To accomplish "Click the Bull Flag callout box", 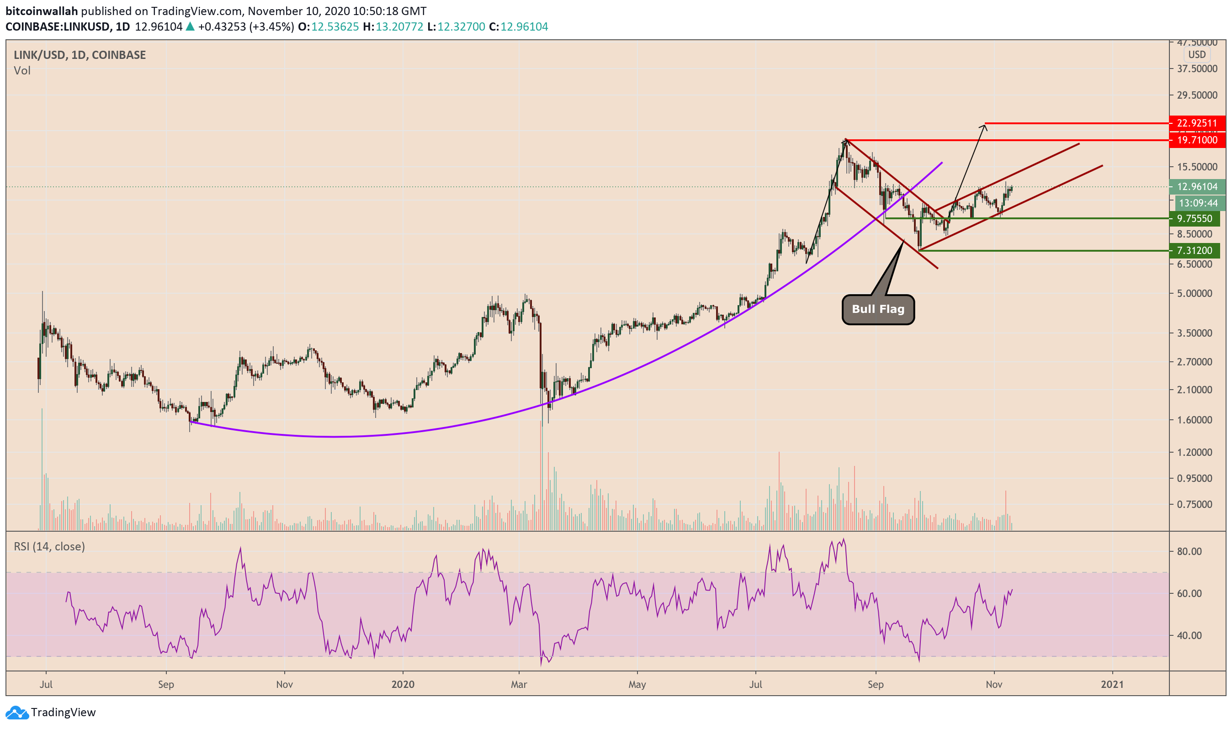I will (x=878, y=310).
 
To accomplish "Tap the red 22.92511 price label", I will (x=1197, y=123).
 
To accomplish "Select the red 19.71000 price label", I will (x=1197, y=140).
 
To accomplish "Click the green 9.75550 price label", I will (x=1194, y=219).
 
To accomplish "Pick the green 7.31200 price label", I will (x=1194, y=250).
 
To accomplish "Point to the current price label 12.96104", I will (x=1197, y=187).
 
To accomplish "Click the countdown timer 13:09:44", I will (x=1198, y=203).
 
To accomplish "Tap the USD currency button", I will (x=1197, y=54).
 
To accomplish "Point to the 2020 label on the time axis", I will (x=403, y=684).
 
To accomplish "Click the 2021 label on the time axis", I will (x=1112, y=684).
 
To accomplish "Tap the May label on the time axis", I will (x=637, y=684).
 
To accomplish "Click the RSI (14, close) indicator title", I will (x=49, y=547).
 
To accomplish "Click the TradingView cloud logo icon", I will (x=17, y=712).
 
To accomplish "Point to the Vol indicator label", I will (x=22, y=71).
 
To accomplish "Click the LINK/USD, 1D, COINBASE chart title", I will (x=80, y=55).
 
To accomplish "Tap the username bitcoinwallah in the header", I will (x=42, y=11).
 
